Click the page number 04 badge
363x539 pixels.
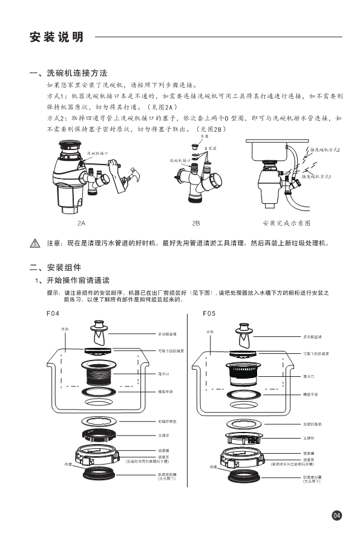tap(337, 515)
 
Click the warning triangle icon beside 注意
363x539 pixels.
tap(34, 243)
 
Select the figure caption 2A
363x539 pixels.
tap(82, 223)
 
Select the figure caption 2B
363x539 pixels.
tap(195, 223)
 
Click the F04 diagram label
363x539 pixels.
tap(54, 314)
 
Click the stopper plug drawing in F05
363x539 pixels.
tap(245, 334)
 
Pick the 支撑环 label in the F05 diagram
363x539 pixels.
tap(308, 437)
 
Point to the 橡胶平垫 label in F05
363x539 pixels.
tap(310, 394)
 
